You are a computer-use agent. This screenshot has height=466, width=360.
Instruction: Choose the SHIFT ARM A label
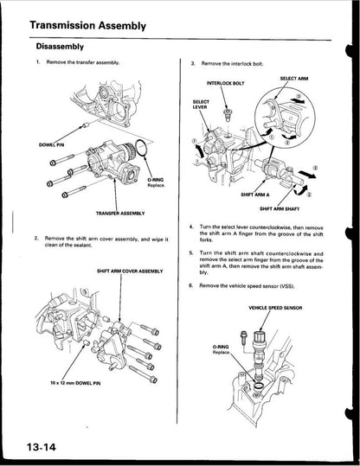pyautogui.click(x=255, y=194)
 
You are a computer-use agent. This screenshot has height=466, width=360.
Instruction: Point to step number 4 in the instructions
pyautogui.click(x=190, y=227)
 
